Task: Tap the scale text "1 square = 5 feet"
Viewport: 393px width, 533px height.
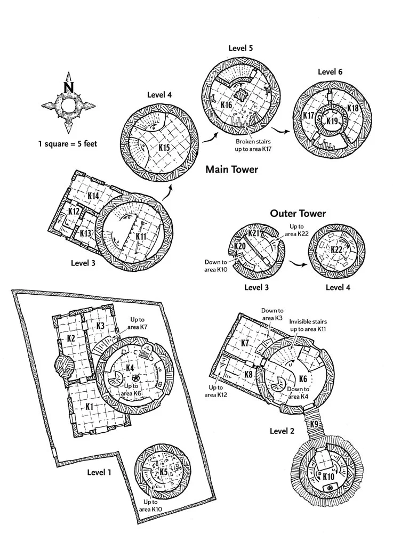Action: tap(68, 143)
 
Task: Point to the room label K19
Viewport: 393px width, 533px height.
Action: tap(332, 120)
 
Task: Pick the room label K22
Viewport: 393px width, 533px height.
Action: tap(336, 250)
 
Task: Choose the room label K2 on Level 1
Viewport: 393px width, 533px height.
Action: tap(71, 338)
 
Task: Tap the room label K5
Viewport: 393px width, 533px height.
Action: tap(163, 471)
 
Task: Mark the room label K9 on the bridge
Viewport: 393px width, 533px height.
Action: tap(314, 424)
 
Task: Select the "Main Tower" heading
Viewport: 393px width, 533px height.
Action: tap(231, 170)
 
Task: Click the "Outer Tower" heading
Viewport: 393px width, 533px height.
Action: tap(298, 214)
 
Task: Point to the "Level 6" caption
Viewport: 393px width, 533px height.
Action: tap(330, 72)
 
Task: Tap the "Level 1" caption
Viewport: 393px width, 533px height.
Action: tap(100, 472)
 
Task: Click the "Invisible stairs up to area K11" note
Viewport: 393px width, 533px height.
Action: tap(308, 326)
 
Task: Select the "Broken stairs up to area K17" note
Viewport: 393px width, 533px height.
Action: tap(253, 146)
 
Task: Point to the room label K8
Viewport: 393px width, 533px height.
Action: tap(248, 374)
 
